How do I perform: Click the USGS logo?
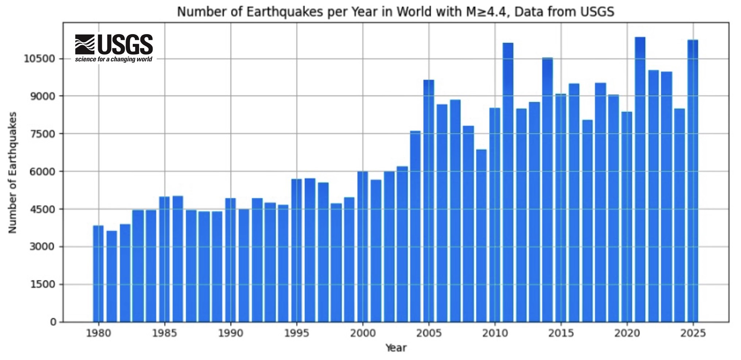[x=114, y=44]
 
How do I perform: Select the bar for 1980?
[x=98, y=274]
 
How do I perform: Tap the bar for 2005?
[x=429, y=201]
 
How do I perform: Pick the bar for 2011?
[x=508, y=182]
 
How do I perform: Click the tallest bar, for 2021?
[x=640, y=179]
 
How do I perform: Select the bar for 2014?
[x=547, y=190]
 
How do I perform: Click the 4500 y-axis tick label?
[x=42, y=209]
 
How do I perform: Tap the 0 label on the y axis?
[x=53, y=322]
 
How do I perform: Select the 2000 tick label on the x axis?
[x=363, y=333]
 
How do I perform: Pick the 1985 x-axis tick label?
[x=165, y=333]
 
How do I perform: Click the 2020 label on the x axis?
[x=627, y=333]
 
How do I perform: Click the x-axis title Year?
[x=396, y=348]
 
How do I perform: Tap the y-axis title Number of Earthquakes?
[x=13, y=173]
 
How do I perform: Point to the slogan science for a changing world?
[x=114, y=59]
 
